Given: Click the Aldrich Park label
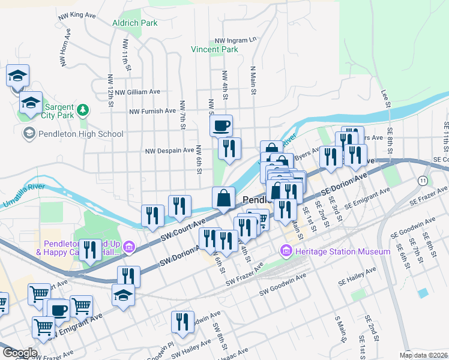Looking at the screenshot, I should tap(135, 23).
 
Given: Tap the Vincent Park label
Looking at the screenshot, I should tap(214, 49).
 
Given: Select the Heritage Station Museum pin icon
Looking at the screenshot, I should tap(286, 250).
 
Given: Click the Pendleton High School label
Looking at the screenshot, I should tap(80, 134).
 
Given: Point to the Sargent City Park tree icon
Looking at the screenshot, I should tap(83, 110).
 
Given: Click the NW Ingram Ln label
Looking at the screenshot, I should tap(239, 40).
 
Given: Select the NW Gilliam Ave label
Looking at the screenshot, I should tap(139, 92).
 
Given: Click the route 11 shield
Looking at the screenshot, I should tap(424, 180).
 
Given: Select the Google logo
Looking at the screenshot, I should tap(19, 352).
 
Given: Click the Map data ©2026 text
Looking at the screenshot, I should tap(423, 355).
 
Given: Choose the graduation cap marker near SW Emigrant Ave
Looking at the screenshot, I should tap(123, 295).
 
